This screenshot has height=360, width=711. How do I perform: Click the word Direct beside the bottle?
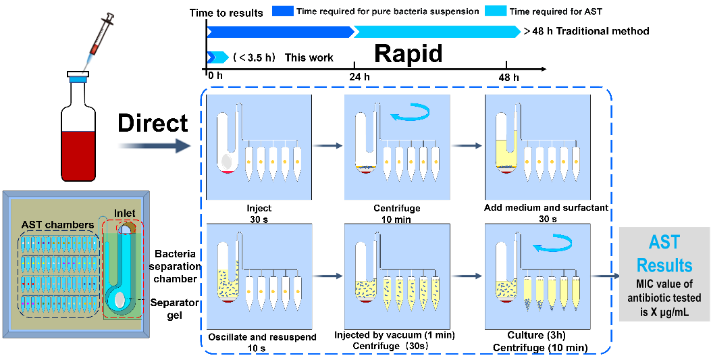[x=153, y=123]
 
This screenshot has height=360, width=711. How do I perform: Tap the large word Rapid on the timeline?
[x=409, y=55]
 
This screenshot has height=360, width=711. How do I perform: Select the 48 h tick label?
[x=509, y=76]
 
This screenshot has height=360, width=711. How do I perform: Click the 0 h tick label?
[x=215, y=75]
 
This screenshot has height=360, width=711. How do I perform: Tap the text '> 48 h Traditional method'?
[x=586, y=31]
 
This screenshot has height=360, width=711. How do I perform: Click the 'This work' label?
[x=309, y=57]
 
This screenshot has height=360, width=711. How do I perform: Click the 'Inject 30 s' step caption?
[x=259, y=213]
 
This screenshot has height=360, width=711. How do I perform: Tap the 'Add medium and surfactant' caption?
[x=546, y=207]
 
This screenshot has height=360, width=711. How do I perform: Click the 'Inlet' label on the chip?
[x=125, y=213]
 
